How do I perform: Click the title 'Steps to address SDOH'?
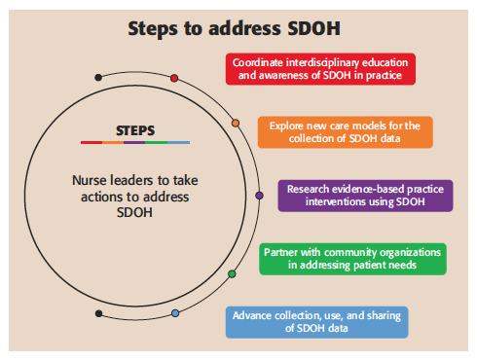click(238, 28)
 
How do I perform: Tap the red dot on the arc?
click(174, 78)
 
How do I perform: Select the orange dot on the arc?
click(236, 124)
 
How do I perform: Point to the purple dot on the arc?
click(259, 196)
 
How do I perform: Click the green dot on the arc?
click(232, 274)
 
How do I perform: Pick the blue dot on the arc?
click(175, 313)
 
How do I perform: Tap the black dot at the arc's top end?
click(97, 77)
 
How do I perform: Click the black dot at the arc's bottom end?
click(98, 312)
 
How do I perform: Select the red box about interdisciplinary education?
click(320, 69)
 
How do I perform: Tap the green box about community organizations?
click(352, 259)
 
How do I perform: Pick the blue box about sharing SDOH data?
click(316, 322)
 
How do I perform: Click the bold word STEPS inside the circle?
click(135, 129)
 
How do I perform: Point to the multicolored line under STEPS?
click(135, 142)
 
